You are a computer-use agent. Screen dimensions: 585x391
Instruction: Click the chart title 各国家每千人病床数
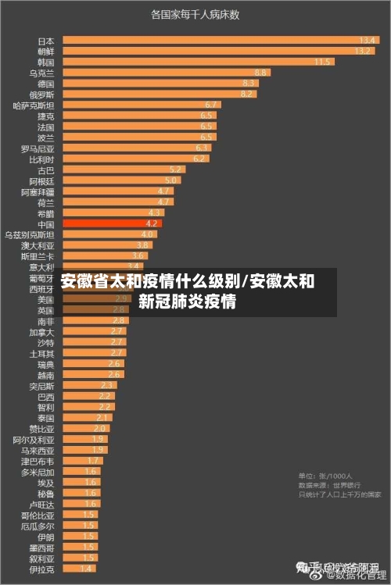point(195,14)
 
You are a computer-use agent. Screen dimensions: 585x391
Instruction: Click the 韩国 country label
point(46,62)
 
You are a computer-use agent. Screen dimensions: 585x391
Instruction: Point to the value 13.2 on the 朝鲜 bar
point(363,51)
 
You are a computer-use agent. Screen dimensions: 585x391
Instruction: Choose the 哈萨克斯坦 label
point(34,105)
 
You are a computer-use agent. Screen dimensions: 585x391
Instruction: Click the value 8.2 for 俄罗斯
point(247,94)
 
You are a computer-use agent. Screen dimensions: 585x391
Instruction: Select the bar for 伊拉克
point(79,569)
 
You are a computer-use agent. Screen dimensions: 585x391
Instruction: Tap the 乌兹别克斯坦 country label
point(30,234)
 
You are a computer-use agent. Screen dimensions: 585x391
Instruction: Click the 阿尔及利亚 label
point(34,440)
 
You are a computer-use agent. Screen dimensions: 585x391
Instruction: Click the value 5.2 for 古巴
point(175,169)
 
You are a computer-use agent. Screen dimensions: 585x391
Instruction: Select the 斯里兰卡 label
point(38,256)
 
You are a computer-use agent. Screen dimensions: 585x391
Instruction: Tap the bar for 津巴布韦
point(82,461)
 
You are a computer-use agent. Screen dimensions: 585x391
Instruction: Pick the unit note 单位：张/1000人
point(325,476)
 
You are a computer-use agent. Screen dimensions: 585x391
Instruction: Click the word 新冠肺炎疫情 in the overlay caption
point(188,301)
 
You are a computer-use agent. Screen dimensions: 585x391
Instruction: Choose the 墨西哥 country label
point(42,547)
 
